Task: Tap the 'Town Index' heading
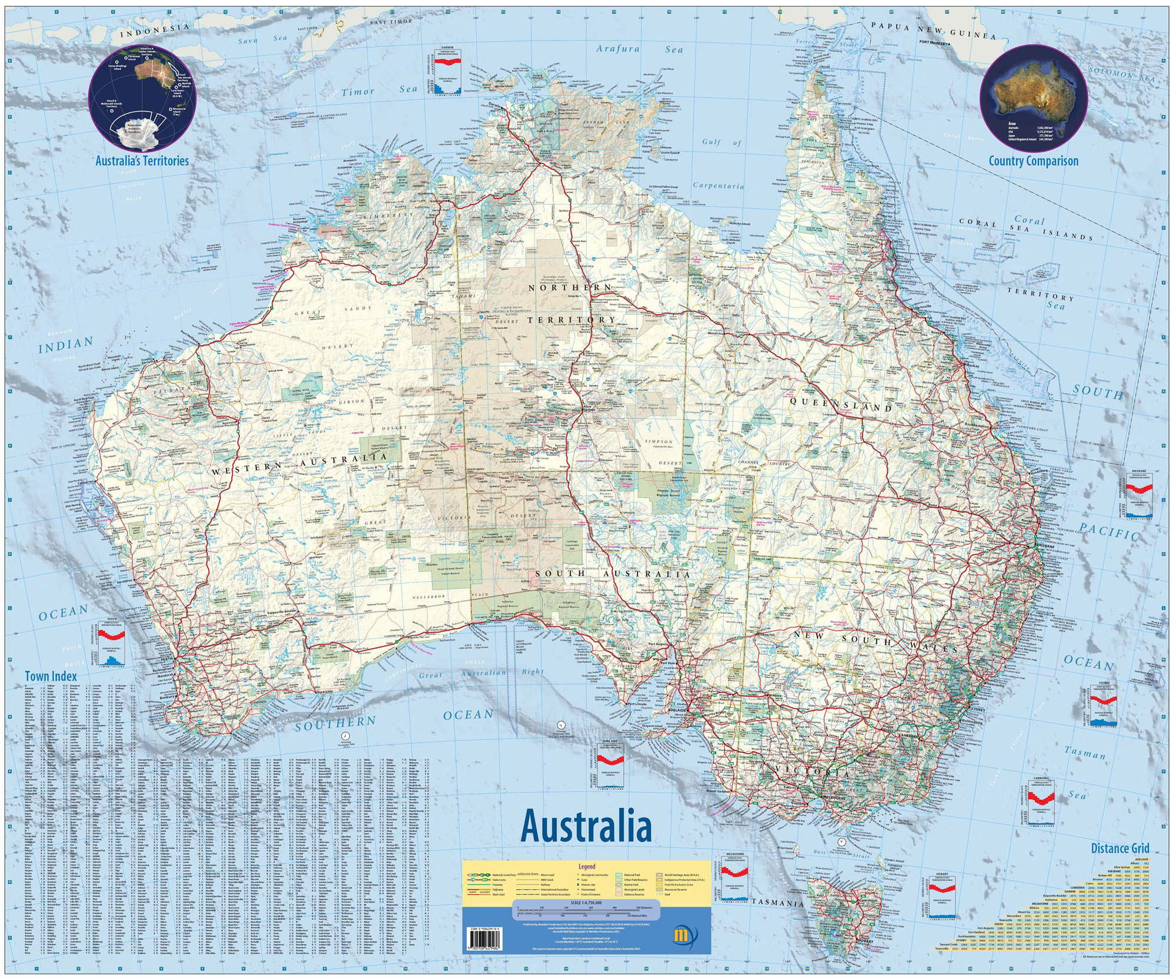pos(51,676)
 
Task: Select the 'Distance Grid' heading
pos(1120,848)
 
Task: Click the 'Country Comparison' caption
pos(1033,161)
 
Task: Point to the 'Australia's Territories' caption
pos(142,161)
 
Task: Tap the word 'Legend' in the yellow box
pos(586,866)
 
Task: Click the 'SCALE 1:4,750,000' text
pos(586,903)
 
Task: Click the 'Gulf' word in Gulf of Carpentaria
pos(711,142)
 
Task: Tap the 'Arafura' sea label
pos(617,49)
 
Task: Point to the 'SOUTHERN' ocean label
pos(335,723)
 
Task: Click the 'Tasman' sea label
pos(1085,752)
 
